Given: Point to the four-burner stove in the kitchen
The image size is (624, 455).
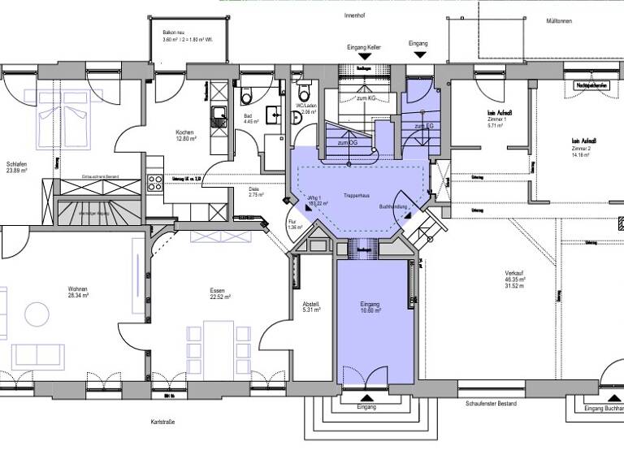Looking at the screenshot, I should click(154, 182).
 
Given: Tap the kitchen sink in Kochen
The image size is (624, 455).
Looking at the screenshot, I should click(219, 119).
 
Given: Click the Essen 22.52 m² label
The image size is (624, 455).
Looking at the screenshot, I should click(216, 292).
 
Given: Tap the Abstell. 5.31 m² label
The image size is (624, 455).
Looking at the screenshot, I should click(311, 307).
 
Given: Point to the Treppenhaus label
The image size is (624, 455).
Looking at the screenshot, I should click(357, 196).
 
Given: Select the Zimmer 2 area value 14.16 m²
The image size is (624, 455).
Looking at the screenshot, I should click(581, 157).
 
